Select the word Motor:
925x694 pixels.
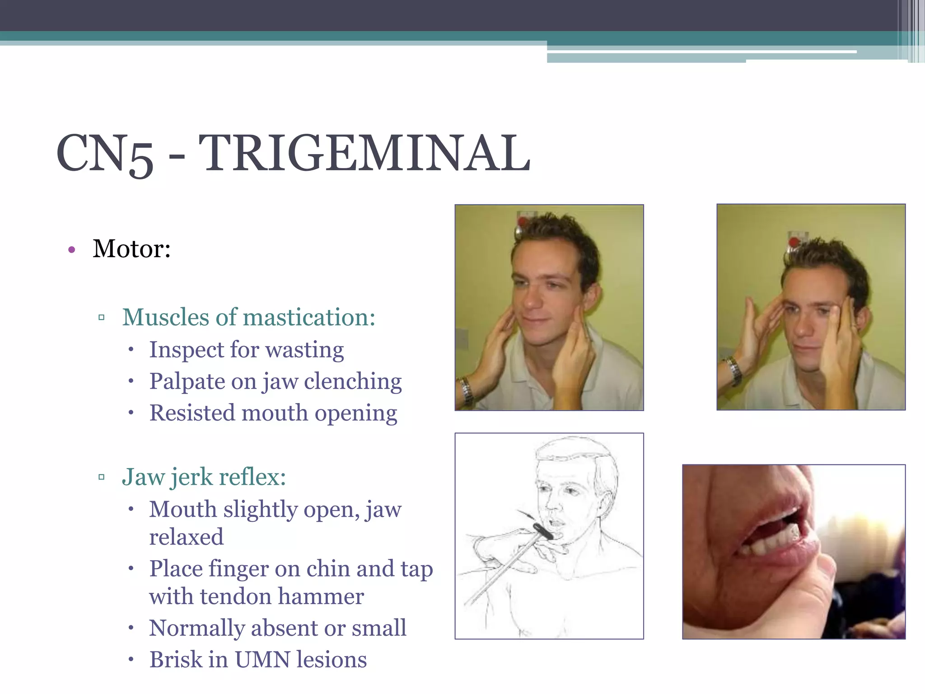(131, 249)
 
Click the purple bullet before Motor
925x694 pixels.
(71, 250)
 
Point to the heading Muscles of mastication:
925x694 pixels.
(248, 317)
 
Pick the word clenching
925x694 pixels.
(353, 382)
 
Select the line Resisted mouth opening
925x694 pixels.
(273, 413)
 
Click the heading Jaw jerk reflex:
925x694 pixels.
(204, 477)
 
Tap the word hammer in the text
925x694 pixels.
(321, 596)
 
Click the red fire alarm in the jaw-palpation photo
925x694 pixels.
(523, 222)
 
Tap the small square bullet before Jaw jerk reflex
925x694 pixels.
(101, 477)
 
